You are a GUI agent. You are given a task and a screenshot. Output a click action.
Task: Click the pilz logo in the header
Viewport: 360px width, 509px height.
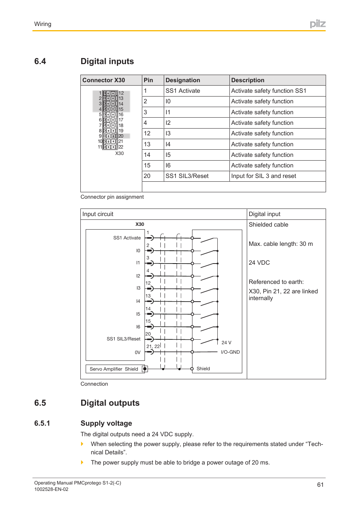click(317, 24)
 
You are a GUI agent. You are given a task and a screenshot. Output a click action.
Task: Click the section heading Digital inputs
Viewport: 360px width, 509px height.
click(107, 61)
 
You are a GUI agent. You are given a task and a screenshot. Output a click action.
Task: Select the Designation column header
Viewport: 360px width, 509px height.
click(183, 80)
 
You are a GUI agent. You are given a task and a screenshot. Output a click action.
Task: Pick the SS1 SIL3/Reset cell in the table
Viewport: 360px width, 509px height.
click(187, 176)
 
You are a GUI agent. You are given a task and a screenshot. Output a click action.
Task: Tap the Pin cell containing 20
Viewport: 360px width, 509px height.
click(147, 176)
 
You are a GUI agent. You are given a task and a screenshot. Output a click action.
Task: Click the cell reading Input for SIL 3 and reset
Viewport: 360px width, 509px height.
click(263, 176)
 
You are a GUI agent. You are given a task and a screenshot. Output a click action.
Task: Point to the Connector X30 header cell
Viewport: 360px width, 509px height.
click(104, 80)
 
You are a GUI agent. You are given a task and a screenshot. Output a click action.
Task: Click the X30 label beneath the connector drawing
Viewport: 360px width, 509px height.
click(119, 153)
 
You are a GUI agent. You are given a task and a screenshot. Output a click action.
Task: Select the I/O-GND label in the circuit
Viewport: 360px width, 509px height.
click(230, 352)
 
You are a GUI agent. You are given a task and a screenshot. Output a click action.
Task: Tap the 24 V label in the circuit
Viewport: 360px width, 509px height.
click(226, 343)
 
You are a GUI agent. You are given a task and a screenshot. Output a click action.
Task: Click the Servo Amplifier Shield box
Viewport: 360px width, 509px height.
click(114, 369)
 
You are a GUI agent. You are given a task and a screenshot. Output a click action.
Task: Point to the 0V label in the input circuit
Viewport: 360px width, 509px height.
click(137, 353)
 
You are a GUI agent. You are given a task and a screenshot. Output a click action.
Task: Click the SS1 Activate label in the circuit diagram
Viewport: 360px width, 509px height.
click(127, 238)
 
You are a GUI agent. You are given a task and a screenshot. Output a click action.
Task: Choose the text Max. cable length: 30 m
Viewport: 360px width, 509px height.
click(280, 244)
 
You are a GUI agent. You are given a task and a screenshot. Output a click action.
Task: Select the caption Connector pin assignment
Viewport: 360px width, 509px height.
click(112, 197)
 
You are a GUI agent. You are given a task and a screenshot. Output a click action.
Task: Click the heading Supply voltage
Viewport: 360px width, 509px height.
click(106, 423)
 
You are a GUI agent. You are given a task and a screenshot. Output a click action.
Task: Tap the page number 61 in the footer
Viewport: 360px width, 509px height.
click(320, 485)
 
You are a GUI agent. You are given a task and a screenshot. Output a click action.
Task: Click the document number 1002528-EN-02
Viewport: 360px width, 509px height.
click(51, 489)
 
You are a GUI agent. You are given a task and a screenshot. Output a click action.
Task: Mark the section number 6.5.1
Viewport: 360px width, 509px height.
click(42, 423)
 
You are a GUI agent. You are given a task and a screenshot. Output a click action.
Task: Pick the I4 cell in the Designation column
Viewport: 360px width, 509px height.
click(168, 144)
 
